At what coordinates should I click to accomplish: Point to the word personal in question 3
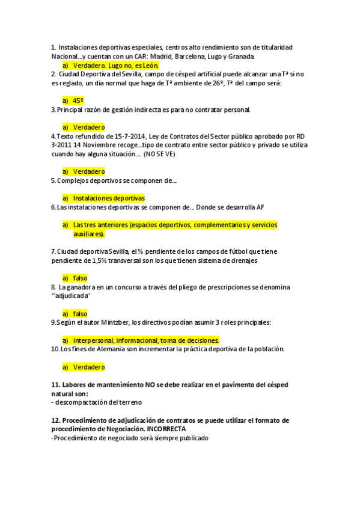(237, 109)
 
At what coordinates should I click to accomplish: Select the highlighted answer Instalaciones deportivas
(109, 198)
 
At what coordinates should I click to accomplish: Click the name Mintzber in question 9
(114, 322)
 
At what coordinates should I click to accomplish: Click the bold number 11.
(55, 384)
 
